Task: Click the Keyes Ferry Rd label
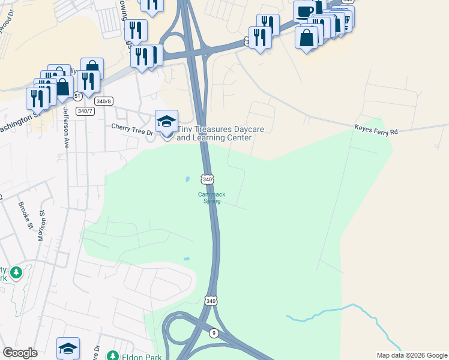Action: pos(376,128)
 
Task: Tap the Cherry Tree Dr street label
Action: pos(129,126)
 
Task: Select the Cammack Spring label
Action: pos(209,197)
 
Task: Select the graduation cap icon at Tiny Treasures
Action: pos(166,121)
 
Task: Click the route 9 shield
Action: pos(214,332)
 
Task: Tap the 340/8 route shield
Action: pos(104,101)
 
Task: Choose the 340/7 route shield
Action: pos(85,111)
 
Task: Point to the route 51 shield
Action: pos(77,96)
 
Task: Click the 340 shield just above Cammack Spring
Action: pos(207,179)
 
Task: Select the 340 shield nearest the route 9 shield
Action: pos(210,300)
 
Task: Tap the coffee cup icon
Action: pos(304,11)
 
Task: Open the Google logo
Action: pos(20,353)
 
